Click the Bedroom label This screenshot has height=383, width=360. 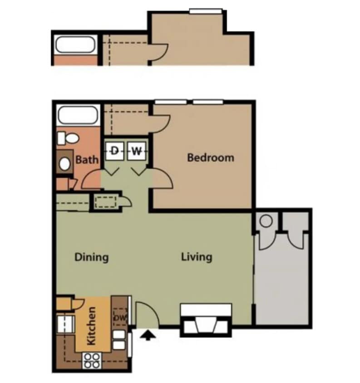211,158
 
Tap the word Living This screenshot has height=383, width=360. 197,257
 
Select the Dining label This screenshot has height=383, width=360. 91,258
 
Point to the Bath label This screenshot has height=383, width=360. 87,160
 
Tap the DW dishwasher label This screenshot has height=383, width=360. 119,318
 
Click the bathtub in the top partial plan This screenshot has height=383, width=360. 74,45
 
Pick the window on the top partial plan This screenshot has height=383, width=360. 206,10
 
